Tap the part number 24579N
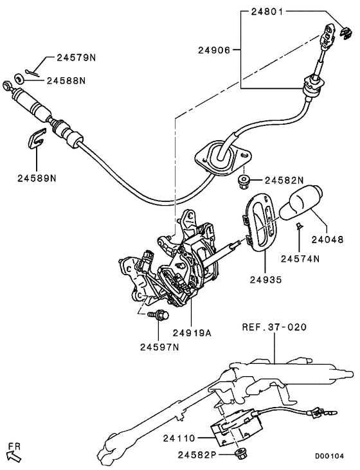(x=76, y=58)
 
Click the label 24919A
(x=192, y=333)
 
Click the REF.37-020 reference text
(x=274, y=327)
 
